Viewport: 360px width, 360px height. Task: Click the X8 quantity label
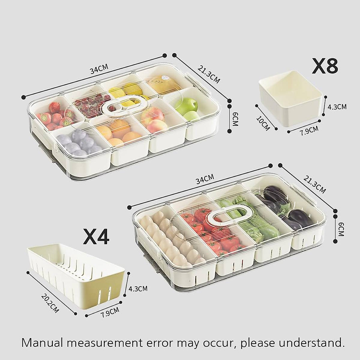pos(325,67)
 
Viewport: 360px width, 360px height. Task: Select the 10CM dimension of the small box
pos(263,124)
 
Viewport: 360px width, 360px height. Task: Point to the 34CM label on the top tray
pos(99,70)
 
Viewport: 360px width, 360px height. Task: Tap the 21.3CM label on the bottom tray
pos(314,184)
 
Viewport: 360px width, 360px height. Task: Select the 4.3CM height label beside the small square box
pos(338,106)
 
